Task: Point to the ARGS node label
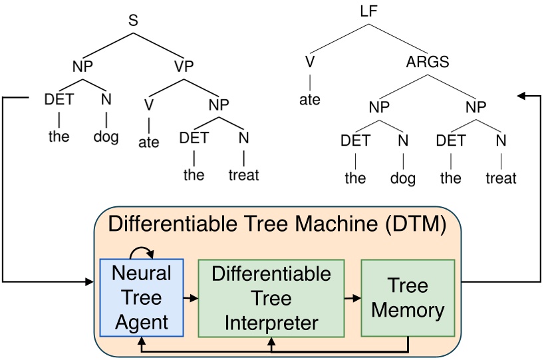pos(428,63)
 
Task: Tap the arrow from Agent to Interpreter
pos(192,297)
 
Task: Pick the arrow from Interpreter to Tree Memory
pos(352,297)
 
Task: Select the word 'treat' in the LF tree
pos(500,178)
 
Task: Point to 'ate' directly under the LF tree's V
pos(309,100)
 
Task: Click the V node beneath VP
pos(149,104)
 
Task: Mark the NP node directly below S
pos(82,67)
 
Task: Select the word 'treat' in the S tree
pos(243,176)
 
